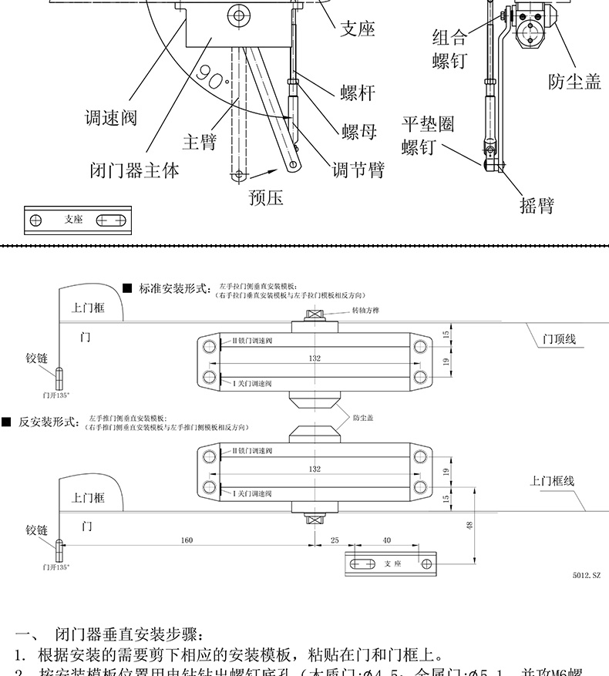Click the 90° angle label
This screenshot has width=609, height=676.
click(x=212, y=75)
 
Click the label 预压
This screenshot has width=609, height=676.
click(x=266, y=198)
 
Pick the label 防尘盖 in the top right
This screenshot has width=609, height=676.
click(x=574, y=82)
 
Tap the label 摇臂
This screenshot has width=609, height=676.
click(x=537, y=206)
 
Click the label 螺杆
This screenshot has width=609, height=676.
click(x=357, y=92)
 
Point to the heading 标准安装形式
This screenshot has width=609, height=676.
click(x=174, y=289)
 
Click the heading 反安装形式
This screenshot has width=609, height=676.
click(x=49, y=422)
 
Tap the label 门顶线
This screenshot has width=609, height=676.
click(x=559, y=338)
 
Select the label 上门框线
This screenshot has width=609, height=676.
click(x=552, y=481)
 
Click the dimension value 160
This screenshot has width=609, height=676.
click(x=187, y=540)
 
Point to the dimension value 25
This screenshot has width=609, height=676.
click(x=335, y=540)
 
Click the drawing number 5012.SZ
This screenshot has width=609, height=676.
click(x=585, y=575)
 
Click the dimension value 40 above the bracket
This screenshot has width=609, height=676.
click(x=386, y=540)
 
